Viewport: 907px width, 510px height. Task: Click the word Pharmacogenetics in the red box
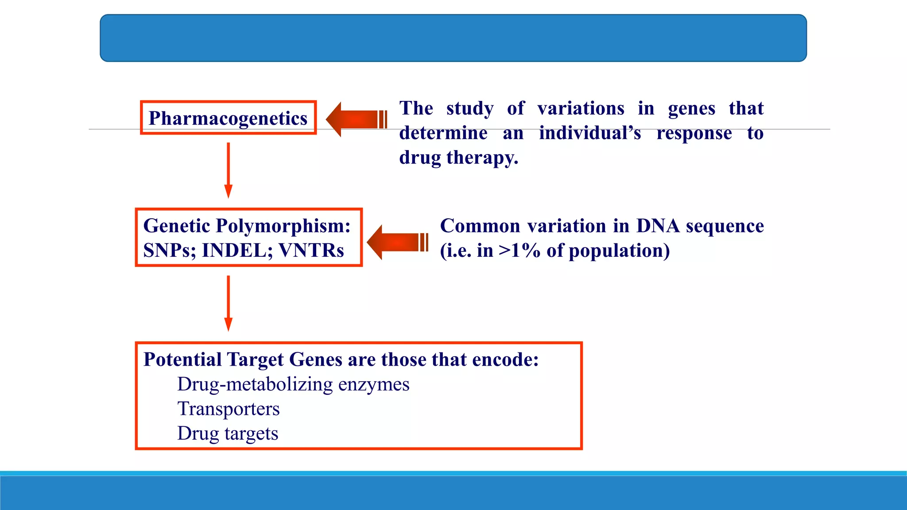228,118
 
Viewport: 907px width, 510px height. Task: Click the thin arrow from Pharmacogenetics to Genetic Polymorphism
228,170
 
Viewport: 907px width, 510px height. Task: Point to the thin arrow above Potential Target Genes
228,303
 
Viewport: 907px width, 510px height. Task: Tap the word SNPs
169,251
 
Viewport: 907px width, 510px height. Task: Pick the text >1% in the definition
519,251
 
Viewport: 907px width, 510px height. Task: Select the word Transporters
229,409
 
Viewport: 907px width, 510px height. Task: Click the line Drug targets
228,433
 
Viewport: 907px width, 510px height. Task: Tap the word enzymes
374,384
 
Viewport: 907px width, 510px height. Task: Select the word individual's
589,133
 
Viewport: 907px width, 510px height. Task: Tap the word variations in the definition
581,108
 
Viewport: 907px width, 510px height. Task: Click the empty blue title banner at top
453,38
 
